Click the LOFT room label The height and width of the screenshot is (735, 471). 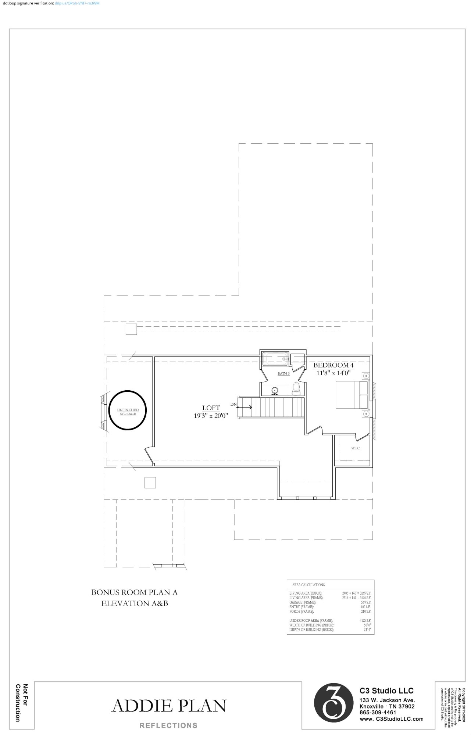[x=211, y=408]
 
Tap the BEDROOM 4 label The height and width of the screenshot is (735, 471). [x=333, y=365]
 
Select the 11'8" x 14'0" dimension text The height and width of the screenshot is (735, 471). [x=333, y=373]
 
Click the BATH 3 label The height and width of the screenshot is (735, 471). [x=283, y=373]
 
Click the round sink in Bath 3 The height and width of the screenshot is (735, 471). [x=275, y=390]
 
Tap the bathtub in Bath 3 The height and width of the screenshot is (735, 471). [x=275, y=358]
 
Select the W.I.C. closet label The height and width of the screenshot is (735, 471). [x=355, y=448]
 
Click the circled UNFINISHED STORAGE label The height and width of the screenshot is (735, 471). [x=128, y=412]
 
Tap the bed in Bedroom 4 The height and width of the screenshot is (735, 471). [x=348, y=395]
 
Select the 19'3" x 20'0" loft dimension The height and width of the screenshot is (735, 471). [x=211, y=416]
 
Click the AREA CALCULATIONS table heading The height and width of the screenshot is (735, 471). [x=308, y=585]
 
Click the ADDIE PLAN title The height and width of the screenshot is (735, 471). [x=169, y=706]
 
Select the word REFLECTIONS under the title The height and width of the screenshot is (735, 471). [x=168, y=725]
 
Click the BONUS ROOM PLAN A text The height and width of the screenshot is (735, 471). [x=134, y=592]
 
